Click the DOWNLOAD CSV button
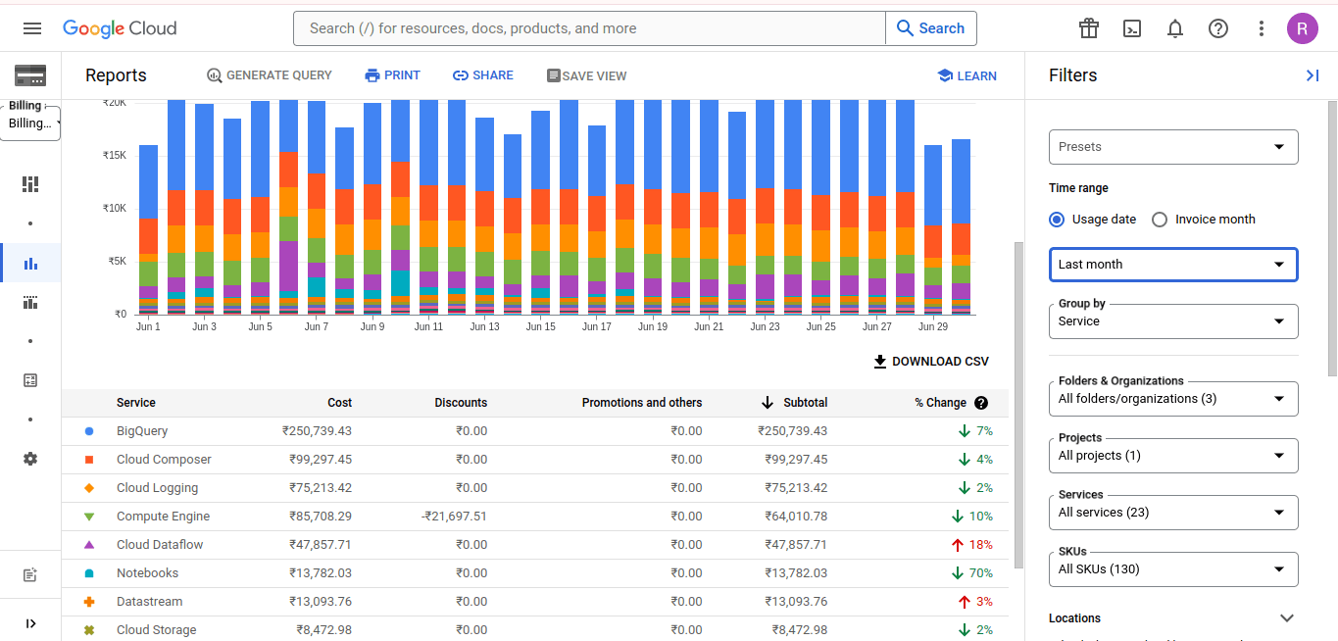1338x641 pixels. click(930, 362)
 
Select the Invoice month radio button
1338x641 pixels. click(1160, 220)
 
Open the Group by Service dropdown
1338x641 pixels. click(1173, 321)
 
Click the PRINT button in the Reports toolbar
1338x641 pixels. click(392, 75)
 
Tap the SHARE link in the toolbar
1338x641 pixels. click(482, 75)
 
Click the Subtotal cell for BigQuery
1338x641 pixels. click(793, 430)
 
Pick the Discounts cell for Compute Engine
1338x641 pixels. click(454, 517)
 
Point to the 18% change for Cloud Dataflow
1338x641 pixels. click(971, 545)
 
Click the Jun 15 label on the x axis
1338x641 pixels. click(540, 326)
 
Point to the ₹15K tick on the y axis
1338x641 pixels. click(114, 155)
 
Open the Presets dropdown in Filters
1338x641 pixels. click(1173, 147)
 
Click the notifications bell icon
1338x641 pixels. click(1175, 28)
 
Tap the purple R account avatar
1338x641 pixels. click(1302, 28)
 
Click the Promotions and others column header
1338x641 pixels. click(641, 403)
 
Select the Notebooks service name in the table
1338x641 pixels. click(147, 573)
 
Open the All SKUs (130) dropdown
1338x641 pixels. click(1173, 569)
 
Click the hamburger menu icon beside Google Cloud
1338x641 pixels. click(32, 28)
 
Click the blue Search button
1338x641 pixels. click(930, 28)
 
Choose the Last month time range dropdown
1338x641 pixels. click(1173, 265)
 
